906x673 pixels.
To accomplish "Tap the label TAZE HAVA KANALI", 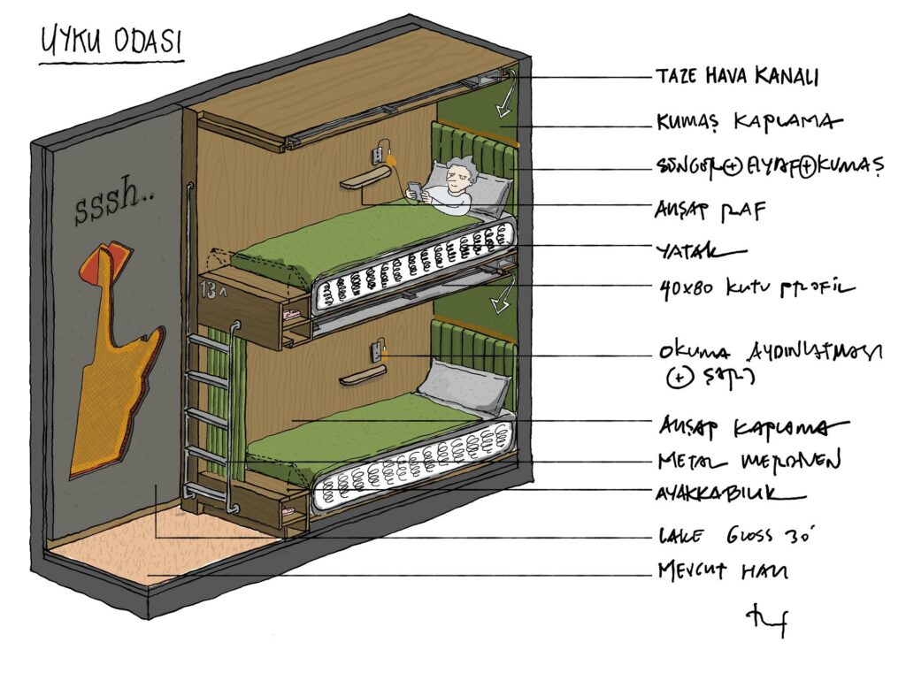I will tap(736, 77).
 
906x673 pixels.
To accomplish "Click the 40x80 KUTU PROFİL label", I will tap(756, 287).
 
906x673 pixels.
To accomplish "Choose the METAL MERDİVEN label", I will tap(747, 462).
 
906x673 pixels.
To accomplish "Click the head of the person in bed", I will tap(459, 176).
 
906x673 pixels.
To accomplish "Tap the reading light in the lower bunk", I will tap(378, 348).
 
